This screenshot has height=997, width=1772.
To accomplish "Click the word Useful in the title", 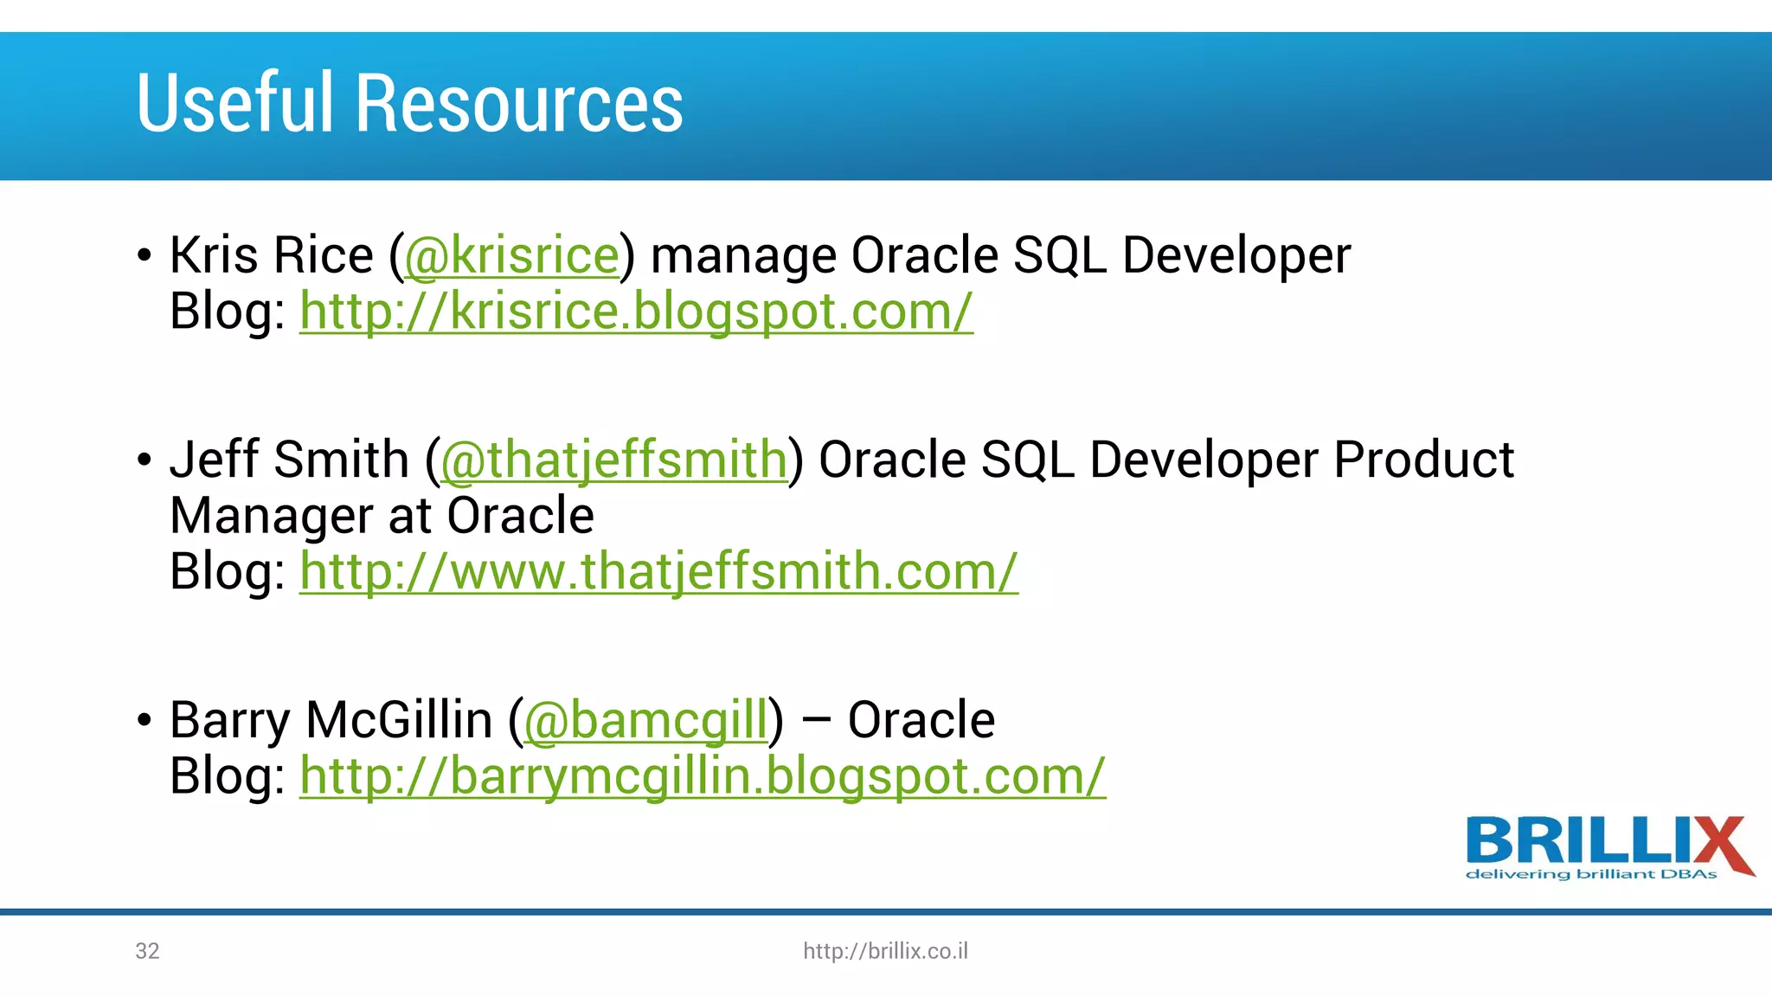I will [x=234, y=103].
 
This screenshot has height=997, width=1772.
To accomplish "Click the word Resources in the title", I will [x=519, y=103].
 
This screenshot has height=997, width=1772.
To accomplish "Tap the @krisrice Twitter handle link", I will [x=511, y=256].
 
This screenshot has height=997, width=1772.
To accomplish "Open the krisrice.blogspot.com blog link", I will [x=636, y=312].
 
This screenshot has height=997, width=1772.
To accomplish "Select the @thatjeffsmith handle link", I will [x=613, y=460].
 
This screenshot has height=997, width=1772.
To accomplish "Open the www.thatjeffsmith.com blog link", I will [x=658, y=572].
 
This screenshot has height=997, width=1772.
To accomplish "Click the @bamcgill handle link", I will [x=645, y=720].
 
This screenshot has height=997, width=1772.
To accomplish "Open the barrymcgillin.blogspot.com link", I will [x=702, y=776].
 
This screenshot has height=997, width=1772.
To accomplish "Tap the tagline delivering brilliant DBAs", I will [x=1590, y=875].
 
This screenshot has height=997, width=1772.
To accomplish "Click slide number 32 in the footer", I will [x=147, y=951].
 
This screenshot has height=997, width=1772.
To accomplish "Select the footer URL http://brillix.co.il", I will [x=885, y=951].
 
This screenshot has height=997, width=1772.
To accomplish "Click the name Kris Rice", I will [x=271, y=256].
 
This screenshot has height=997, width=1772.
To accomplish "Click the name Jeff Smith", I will [x=289, y=460].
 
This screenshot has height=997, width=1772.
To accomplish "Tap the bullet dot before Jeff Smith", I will [x=144, y=460].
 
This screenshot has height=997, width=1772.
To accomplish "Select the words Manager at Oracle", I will [x=382, y=516].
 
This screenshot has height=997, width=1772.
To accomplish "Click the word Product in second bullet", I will [x=1422, y=460].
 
